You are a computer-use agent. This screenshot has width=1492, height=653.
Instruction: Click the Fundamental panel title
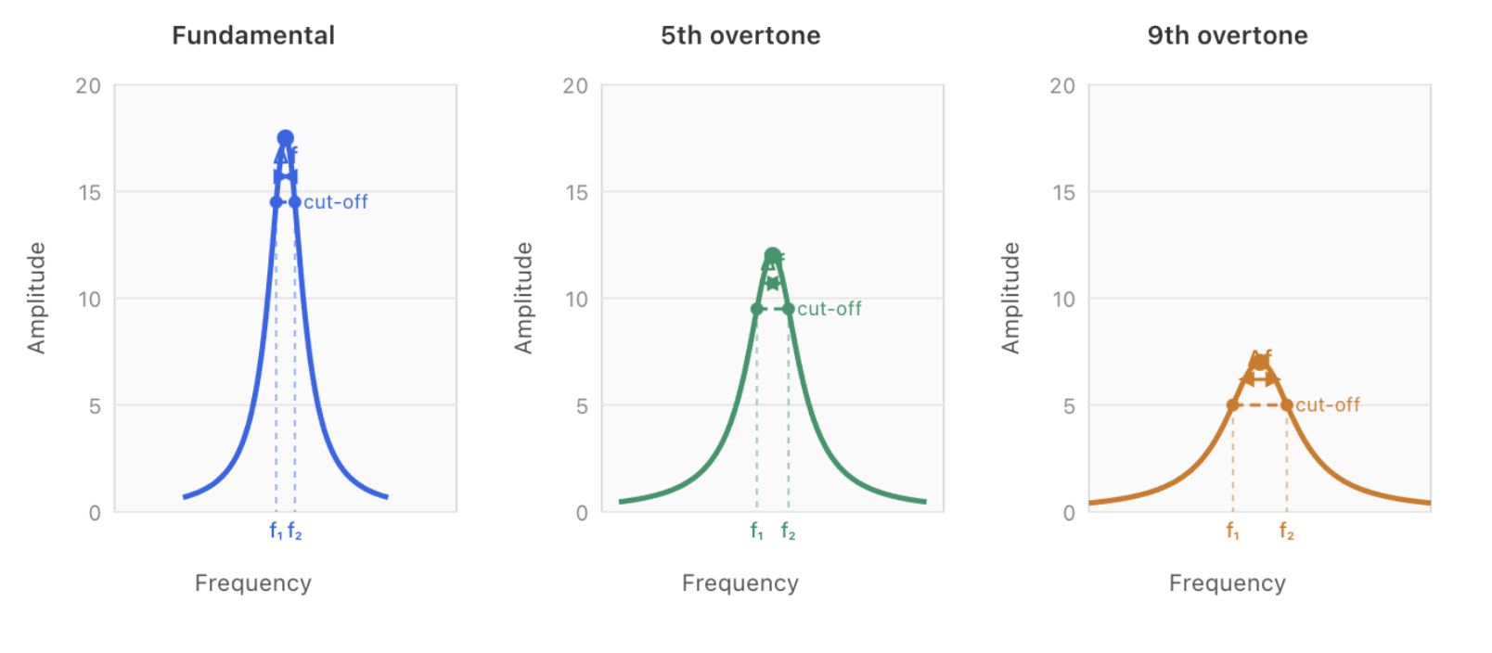click(253, 35)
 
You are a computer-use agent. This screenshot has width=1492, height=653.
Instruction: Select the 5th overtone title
click(740, 35)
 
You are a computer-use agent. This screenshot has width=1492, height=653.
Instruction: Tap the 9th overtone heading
click(1228, 35)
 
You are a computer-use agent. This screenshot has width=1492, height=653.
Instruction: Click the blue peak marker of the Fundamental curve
click(286, 138)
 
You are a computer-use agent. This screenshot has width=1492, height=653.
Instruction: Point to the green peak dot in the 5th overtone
click(773, 255)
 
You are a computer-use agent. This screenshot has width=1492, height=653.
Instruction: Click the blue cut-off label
click(336, 202)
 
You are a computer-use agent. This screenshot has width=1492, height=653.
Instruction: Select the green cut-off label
click(830, 309)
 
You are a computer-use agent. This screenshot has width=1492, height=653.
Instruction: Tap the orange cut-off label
click(1328, 405)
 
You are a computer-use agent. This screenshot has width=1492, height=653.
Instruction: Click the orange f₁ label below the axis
click(1232, 531)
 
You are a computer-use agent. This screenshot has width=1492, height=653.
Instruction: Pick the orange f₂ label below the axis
click(1286, 531)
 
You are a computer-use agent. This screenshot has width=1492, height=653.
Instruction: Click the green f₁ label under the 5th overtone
click(757, 531)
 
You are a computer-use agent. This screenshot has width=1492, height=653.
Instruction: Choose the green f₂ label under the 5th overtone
click(788, 531)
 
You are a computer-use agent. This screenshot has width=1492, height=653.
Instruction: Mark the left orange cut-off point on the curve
click(1232, 405)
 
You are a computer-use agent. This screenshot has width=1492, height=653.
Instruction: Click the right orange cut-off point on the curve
click(1287, 405)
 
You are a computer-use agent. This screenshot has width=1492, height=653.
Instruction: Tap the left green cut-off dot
click(757, 309)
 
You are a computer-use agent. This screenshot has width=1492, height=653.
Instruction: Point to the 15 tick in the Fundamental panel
click(89, 193)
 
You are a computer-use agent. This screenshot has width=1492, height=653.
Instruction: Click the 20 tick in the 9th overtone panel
click(1062, 86)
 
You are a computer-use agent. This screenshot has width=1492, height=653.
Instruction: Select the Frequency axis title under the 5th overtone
click(740, 583)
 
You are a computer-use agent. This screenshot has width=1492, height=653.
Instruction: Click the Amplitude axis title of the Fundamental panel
click(36, 298)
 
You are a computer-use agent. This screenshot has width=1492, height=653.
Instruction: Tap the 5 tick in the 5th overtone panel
click(582, 406)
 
